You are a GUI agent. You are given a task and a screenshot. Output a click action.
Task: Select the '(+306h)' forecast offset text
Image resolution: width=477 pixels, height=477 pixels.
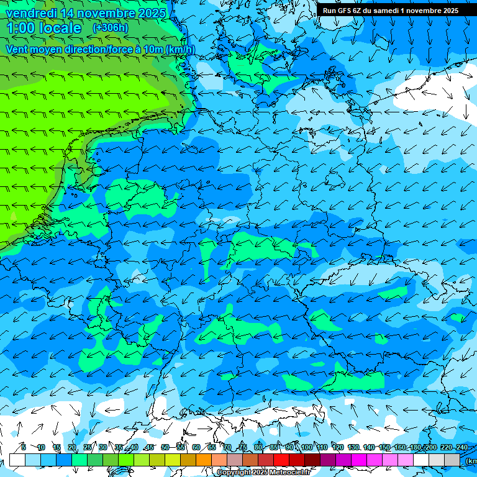click(x=110, y=27)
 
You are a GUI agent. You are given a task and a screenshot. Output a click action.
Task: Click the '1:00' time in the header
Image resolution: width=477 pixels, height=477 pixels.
click(x=22, y=28)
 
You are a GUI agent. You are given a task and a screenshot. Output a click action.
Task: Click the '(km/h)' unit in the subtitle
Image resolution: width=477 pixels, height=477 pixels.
click(x=180, y=49)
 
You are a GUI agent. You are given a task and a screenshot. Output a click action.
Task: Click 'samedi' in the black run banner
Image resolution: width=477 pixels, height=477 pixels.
click(x=386, y=11)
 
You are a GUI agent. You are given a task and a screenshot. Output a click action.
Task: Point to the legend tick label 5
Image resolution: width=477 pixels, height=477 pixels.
click(x=24, y=447)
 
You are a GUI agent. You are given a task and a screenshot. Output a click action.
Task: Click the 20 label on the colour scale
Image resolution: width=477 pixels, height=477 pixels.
click(x=72, y=447)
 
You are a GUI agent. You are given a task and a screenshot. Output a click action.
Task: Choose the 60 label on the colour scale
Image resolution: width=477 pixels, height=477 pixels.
click(x=196, y=447)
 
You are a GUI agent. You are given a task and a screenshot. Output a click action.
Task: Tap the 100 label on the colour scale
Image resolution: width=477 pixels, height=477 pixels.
click(x=306, y=447)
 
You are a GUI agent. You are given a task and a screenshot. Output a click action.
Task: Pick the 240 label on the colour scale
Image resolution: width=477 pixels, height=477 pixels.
click(x=462, y=447)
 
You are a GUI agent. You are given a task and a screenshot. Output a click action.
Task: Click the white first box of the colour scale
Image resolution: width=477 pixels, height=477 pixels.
click(x=17, y=460)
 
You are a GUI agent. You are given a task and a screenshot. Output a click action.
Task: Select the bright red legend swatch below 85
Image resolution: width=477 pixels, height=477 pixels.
click(x=281, y=460)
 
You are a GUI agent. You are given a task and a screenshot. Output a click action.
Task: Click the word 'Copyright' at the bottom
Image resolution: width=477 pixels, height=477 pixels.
click(x=234, y=473)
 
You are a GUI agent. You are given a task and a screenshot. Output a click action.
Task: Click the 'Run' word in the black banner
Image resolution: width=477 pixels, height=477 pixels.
click(x=329, y=11)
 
